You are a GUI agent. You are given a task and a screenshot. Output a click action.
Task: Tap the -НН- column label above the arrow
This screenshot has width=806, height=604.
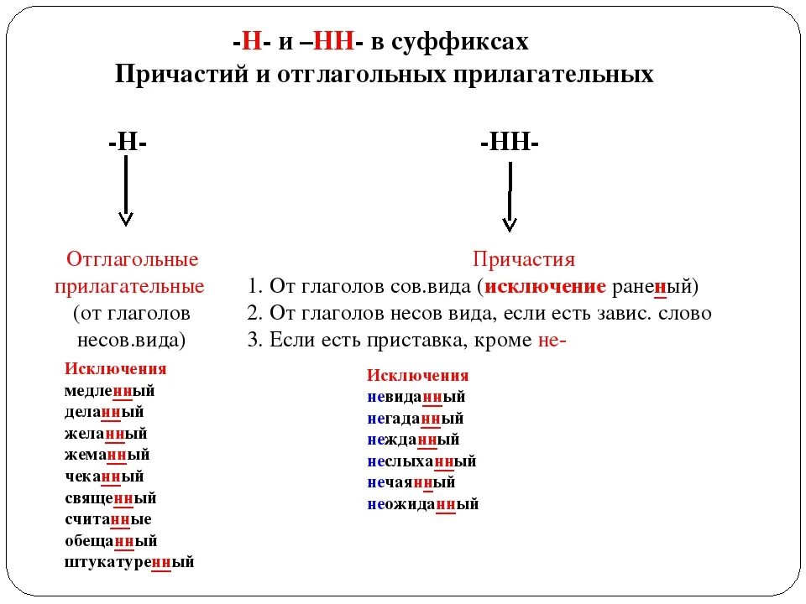click(510, 143)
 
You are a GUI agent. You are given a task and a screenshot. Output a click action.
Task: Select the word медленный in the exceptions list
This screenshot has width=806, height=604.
click(110, 390)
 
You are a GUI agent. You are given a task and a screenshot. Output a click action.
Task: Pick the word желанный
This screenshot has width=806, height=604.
click(106, 434)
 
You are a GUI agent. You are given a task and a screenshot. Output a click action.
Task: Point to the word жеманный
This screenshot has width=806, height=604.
click(107, 455)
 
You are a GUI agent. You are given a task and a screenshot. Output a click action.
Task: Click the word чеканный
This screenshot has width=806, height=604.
click(104, 476)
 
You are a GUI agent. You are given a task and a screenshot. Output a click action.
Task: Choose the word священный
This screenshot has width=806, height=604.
click(111, 498)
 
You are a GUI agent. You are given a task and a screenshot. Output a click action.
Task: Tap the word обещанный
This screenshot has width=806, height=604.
click(111, 541)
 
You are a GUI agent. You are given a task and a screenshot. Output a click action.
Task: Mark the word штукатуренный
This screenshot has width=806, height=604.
click(129, 562)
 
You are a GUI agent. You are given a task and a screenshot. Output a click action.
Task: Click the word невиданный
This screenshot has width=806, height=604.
click(416, 397)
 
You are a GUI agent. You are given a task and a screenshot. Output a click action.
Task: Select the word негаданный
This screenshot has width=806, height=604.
click(415, 418)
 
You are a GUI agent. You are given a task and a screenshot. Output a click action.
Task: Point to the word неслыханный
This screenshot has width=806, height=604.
click(421, 461)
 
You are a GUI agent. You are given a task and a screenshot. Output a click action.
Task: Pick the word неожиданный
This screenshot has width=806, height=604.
click(422, 504)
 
